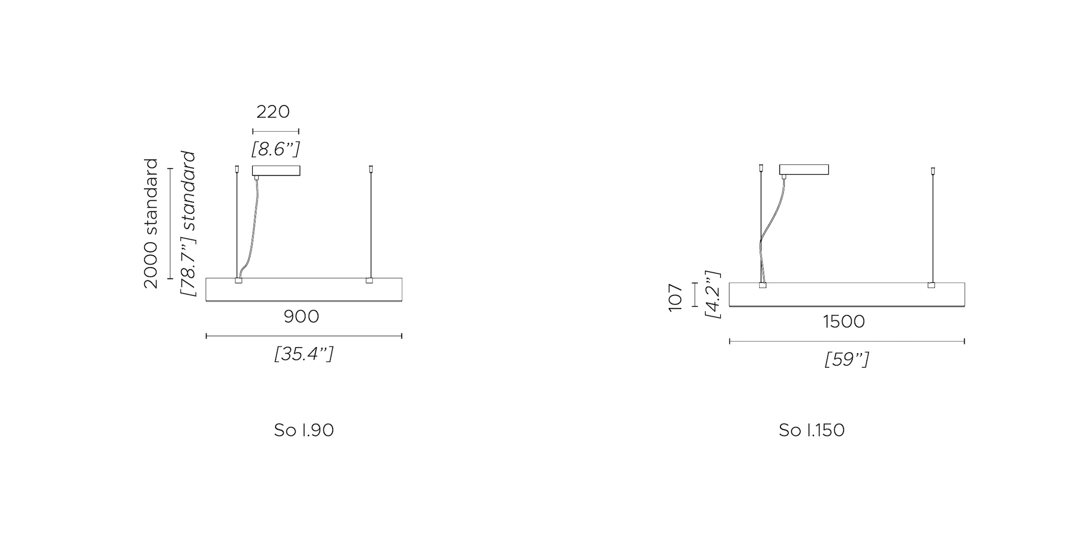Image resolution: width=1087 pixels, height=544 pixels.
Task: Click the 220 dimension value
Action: click(273, 112)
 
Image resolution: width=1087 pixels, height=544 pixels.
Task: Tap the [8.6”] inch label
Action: click(276, 149)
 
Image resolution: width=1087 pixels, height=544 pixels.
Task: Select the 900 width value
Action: click(302, 316)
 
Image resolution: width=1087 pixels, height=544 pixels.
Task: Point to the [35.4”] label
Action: click(304, 354)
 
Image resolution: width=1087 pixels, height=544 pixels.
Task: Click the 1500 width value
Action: click(844, 322)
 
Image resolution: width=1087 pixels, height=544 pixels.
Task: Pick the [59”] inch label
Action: click(847, 360)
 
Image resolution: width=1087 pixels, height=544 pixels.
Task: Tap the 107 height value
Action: click(675, 298)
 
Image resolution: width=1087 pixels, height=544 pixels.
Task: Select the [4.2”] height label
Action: click(713, 294)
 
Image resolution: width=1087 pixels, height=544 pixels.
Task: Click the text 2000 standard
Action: click(151, 224)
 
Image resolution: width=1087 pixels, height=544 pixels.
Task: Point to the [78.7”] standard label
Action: click(188, 224)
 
